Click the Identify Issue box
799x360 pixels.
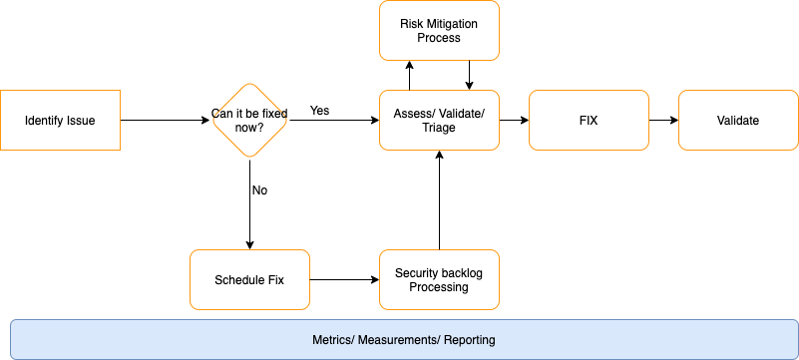coord(60,121)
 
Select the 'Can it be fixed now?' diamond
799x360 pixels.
coord(249,121)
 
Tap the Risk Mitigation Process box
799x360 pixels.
coord(439,30)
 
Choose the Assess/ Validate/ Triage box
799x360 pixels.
coord(439,121)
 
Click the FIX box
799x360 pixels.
coord(589,121)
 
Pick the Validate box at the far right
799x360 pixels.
coord(738,121)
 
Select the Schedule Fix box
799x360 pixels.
coord(249,279)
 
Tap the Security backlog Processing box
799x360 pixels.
coord(439,279)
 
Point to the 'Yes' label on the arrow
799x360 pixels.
coord(320,110)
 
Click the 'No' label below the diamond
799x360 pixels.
coord(259,189)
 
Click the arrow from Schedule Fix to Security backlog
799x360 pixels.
coord(344,279)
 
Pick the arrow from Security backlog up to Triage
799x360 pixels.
coord(439,199)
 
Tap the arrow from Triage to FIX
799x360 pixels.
coord(514,121)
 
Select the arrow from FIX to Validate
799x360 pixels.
coord(663,121)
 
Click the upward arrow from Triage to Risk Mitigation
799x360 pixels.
coord(409,75)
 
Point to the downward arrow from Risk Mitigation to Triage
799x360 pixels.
coord(469,75)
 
